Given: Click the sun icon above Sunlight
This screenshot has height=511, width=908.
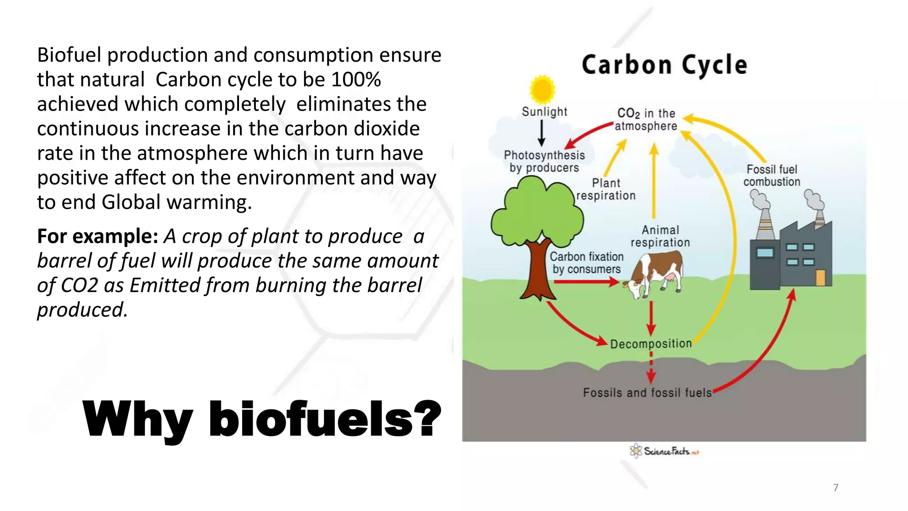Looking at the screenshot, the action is pyautogui.click(x=542, y=89).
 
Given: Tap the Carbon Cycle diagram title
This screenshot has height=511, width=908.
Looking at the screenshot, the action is pyautogui.click(x=664, y=65).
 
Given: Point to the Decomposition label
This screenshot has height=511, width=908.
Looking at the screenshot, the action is pyautogui.click(x=650, y=344).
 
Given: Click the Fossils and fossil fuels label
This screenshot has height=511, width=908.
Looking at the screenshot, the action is pyautogui.click(x=647, y=393).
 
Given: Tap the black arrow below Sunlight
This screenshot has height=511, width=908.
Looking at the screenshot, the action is pyautogui.click(x=541, y=133).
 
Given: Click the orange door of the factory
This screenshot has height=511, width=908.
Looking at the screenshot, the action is pyautogui.click(x=820, y=278).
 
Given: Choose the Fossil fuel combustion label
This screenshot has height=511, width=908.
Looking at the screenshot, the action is pyautogui.click(x=771, y=176).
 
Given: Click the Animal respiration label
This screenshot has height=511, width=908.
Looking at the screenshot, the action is pyautogui.click(x=660, y=236).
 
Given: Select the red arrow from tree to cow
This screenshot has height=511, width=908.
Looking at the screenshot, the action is pyautogui.click(x=585, y=282).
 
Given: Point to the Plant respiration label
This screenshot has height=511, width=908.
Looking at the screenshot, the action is pyautogui.click(x=606, y=189).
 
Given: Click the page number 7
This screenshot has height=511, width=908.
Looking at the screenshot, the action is pyautogui.click(x=835, y=487).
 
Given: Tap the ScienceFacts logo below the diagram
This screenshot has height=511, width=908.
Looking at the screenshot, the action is pyautogui.click(x=664, y=451).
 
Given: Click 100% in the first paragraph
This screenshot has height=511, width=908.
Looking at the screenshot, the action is pyautogui.click(x=356, y=80).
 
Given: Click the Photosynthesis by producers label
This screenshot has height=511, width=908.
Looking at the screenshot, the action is pyautogui.click(x=544, y=161).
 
